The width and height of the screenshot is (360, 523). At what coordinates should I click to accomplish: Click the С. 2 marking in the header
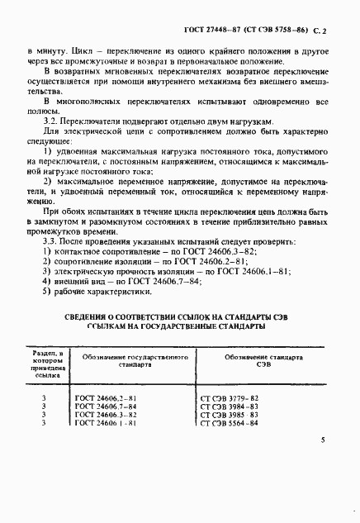point(322,29)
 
